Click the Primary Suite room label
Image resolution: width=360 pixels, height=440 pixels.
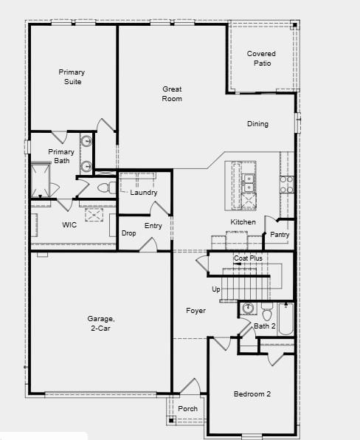pyautogui.click(x=72, y=77)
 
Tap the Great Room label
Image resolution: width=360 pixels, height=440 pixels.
pyautogui.click(x=172, y=94)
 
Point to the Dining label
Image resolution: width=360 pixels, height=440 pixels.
pyautogui.click(x=257, y=124)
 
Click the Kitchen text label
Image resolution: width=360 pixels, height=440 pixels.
pyautogui.click(x=243, y=222)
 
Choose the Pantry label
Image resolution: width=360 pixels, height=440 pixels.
pyautogui.click(x=280, y=235)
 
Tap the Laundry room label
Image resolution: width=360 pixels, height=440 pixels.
pyautogui.click(x=144, y=193)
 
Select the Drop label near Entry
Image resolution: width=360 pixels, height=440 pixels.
pyautogui.click(x=128, y=233)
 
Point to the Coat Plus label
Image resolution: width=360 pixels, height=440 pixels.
pyautogui.click(x=248, y=258)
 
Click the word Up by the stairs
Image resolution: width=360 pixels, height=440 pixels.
pyautogui.click(x=216, y=289)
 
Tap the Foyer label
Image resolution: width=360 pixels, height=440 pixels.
pyautogui.click(x=195, y=311)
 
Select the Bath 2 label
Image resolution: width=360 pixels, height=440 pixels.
pyautogui.click(x=265, y=326)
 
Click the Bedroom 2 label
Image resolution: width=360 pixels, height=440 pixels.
pyautogui.click(x=252, y=394)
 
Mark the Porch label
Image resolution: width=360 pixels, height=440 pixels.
pyautogui.click(x=188, y=408)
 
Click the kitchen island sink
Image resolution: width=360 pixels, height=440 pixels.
pyautogui.click(x=249, y=178)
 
